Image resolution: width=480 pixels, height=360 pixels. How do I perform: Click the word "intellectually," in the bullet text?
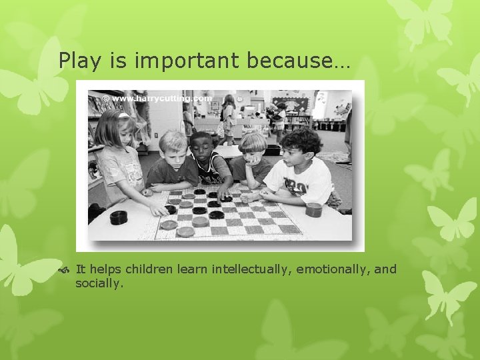tap(252, 269)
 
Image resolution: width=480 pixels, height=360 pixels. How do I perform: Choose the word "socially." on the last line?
tap(99, 283)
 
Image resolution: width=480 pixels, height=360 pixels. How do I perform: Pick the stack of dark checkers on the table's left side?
tap(119, 217)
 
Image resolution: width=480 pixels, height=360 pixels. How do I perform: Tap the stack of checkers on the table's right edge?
tap(313, 209)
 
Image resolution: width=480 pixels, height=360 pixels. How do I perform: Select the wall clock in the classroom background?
tap(239, 99)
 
